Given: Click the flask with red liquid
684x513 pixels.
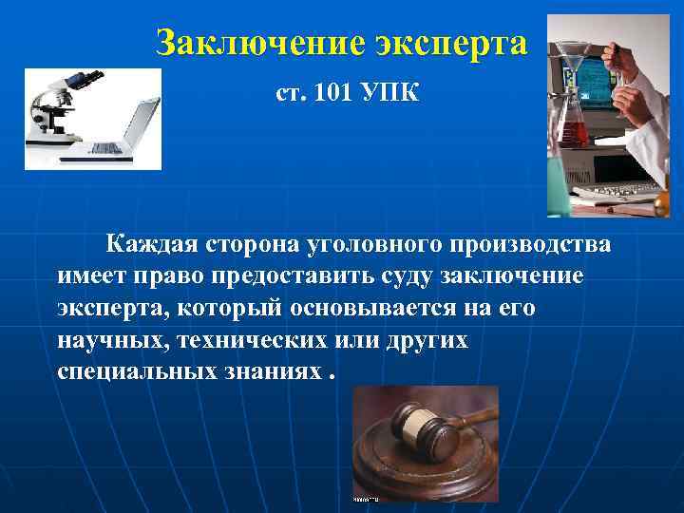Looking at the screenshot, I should point(571,124).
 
